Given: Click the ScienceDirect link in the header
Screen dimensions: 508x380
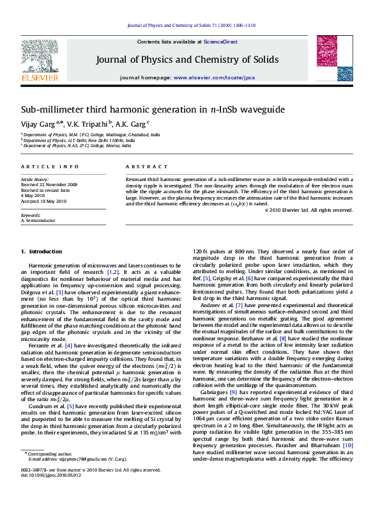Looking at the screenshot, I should [220, 42].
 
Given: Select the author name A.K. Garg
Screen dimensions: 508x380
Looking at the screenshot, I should [130, 123].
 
